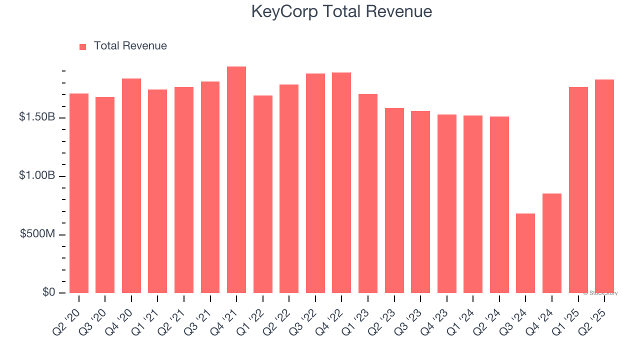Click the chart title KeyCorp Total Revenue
(x=341, y=11)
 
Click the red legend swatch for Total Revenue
(x=83, y=46)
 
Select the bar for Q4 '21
(x=236, y=179)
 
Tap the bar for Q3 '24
(x=525, y=253)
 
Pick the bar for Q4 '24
(x=552, y=243)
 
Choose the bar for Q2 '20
(x=79, y=193)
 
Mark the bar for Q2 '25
(x=604, y=186)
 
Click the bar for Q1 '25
(x=578, y=190)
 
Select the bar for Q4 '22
(x=341, y=182)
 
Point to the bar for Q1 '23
(x=368, y=193)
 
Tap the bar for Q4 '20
(x=131, y=185)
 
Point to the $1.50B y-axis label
(x=37, y=117)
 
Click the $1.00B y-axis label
(x=37, y=175)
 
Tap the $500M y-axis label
(x=37, y=234)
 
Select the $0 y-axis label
(x=48, y=292)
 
